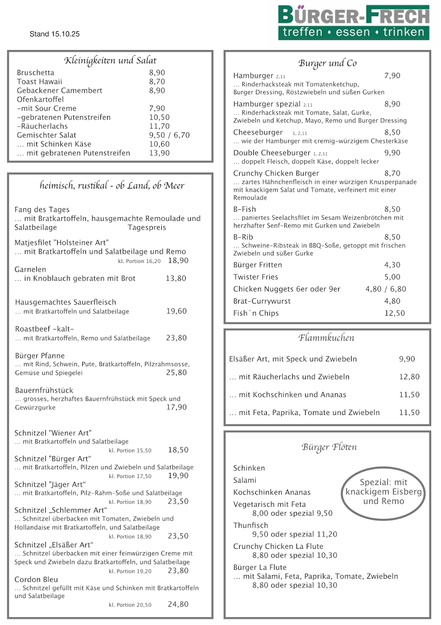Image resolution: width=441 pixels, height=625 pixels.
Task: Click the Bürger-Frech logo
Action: tap(354, 22)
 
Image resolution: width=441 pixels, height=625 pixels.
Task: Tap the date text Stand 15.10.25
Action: tap(55, 34)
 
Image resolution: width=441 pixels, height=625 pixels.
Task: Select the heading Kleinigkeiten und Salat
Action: tap(110, 60)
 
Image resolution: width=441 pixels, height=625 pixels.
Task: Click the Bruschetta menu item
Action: tap(35, 73)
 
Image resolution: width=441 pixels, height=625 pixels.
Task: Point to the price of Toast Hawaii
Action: tap(157, 82)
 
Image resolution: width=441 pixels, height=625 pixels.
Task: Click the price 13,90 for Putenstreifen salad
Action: tap(159, 153)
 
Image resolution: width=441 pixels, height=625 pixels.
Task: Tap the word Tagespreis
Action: tap(147, 228)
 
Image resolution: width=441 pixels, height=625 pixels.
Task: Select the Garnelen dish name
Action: tap(30, 269)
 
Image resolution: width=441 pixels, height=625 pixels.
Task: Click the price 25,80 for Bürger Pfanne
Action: tap(176, 372)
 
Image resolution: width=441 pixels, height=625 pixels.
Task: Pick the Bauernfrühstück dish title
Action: tap(44, 390)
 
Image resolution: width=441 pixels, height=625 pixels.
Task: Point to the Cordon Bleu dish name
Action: tap(36, 579)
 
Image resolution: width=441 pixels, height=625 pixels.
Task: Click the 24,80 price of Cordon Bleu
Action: tap(178, 605)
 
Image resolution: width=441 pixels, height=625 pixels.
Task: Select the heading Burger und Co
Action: tap(328, 64)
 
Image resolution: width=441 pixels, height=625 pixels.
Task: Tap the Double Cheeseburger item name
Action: tap(272, 153)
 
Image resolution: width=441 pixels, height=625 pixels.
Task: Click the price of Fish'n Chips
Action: tap(394, 313)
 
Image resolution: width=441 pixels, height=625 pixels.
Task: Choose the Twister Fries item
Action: tap(256, 277)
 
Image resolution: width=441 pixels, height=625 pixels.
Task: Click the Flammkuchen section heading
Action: tap(327, 338)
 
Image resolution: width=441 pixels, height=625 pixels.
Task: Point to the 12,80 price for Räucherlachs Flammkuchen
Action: tap(409, 377)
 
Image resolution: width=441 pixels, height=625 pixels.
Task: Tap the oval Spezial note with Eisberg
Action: tap(384, 492)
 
